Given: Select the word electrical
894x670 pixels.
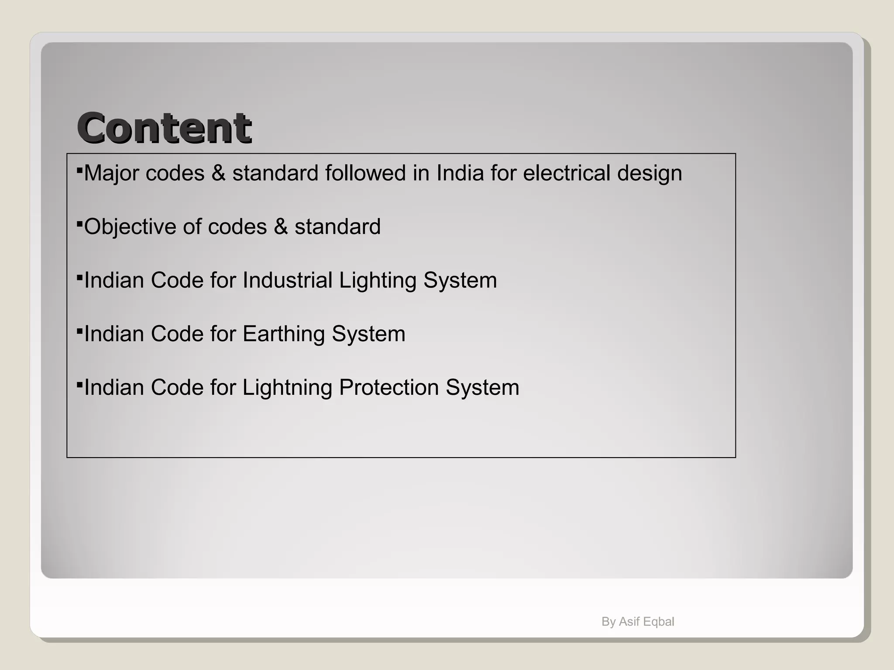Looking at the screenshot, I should point(566,173).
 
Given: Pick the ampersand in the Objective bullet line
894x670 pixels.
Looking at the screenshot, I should point(281,227).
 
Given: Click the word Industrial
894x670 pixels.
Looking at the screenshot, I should point(287,280).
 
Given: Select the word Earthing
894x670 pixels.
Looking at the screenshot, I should point(284,335).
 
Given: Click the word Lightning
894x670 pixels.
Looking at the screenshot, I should point(287,388).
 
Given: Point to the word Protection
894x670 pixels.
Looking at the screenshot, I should point(389,388).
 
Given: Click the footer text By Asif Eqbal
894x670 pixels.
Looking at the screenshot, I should point(638,622).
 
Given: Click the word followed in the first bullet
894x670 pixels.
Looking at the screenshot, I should point(365,173).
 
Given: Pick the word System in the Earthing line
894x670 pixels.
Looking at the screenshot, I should point(368,335).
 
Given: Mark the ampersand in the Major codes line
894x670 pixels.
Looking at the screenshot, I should point(218,173).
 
